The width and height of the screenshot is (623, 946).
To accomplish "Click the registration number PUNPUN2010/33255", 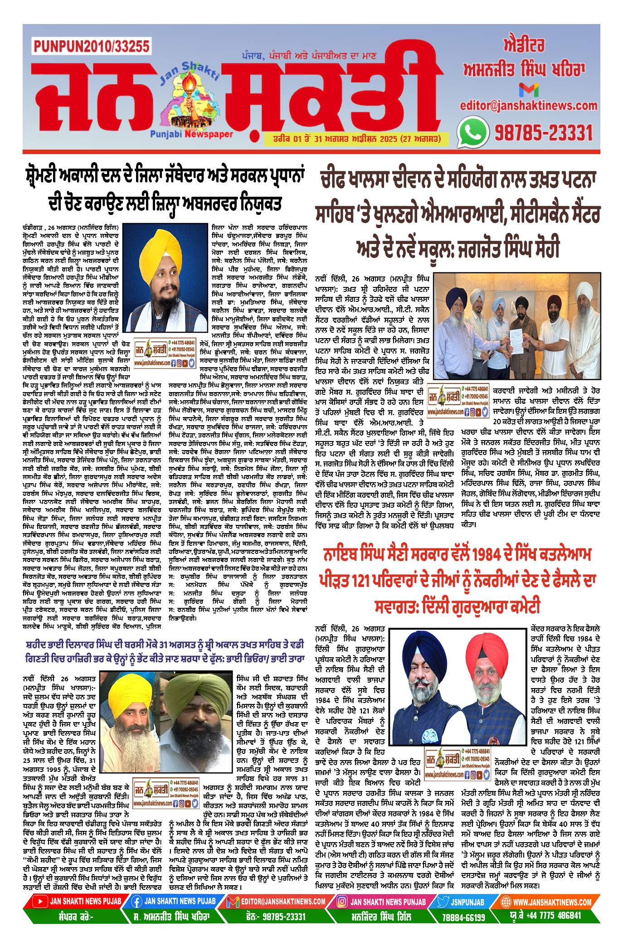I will (x=91, y=46).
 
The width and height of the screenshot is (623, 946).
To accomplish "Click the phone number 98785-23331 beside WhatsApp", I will (x=543, y=133).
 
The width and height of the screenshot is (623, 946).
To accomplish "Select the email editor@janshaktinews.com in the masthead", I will (x=529, y=106).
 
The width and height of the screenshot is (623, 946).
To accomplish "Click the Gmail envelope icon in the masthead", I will (x=529, y=90).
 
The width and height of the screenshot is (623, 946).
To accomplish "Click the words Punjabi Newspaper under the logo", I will (x=191, y=134).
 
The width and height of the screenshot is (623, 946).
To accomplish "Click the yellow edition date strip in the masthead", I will (x=356, y=139).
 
